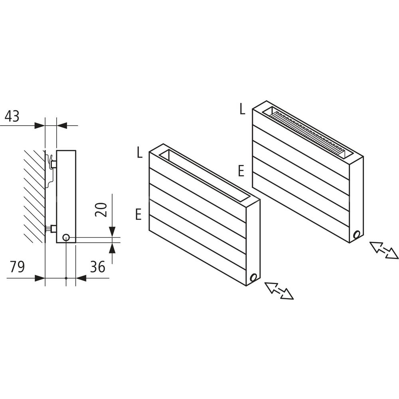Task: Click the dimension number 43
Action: tap(12, 117)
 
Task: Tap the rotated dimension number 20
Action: tap(102, 209)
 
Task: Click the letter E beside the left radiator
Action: tap(138, 215)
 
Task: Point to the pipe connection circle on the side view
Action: tap(66, 238)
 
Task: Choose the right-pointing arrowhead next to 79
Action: tap(40, 278)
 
